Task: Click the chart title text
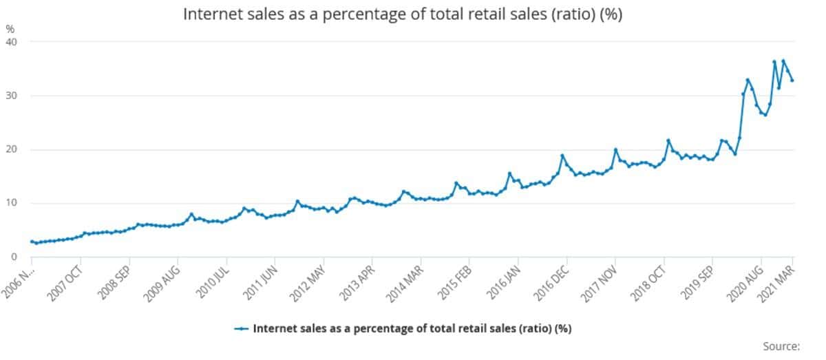(403, 14)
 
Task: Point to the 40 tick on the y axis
(12, 42)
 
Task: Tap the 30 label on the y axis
(12, 96)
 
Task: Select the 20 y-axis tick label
(12, 149)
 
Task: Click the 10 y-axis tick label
(12, 203)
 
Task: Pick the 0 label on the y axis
(14, 257)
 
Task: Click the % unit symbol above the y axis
(10, 29)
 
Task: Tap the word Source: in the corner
(781, 346)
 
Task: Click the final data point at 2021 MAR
(792, 81)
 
